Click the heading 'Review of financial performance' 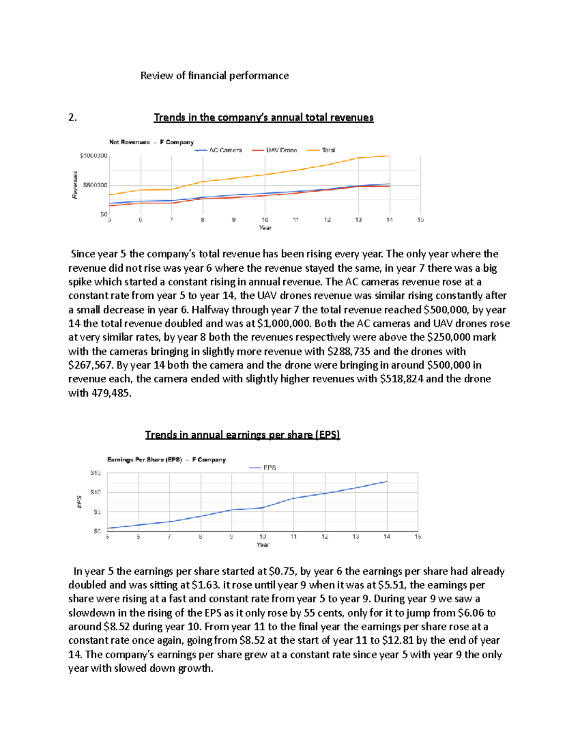(x=214, y=76)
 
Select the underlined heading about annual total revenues (x=263, y=118)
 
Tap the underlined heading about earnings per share (x=243, y=435)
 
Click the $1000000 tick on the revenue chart (x=93, y=156)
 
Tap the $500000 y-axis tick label (x=95, y=185)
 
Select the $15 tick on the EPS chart (x=95, y=473)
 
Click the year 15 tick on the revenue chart (x=420, y=220)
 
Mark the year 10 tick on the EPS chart (x=262, y=536)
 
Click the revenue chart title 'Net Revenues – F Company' (x=151, y=142)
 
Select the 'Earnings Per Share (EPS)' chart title (x=166, y=459)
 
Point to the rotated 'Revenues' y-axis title (x=75, y=185)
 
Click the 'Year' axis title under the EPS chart (x=263, y=545)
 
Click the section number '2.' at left (x=72, y=118)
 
